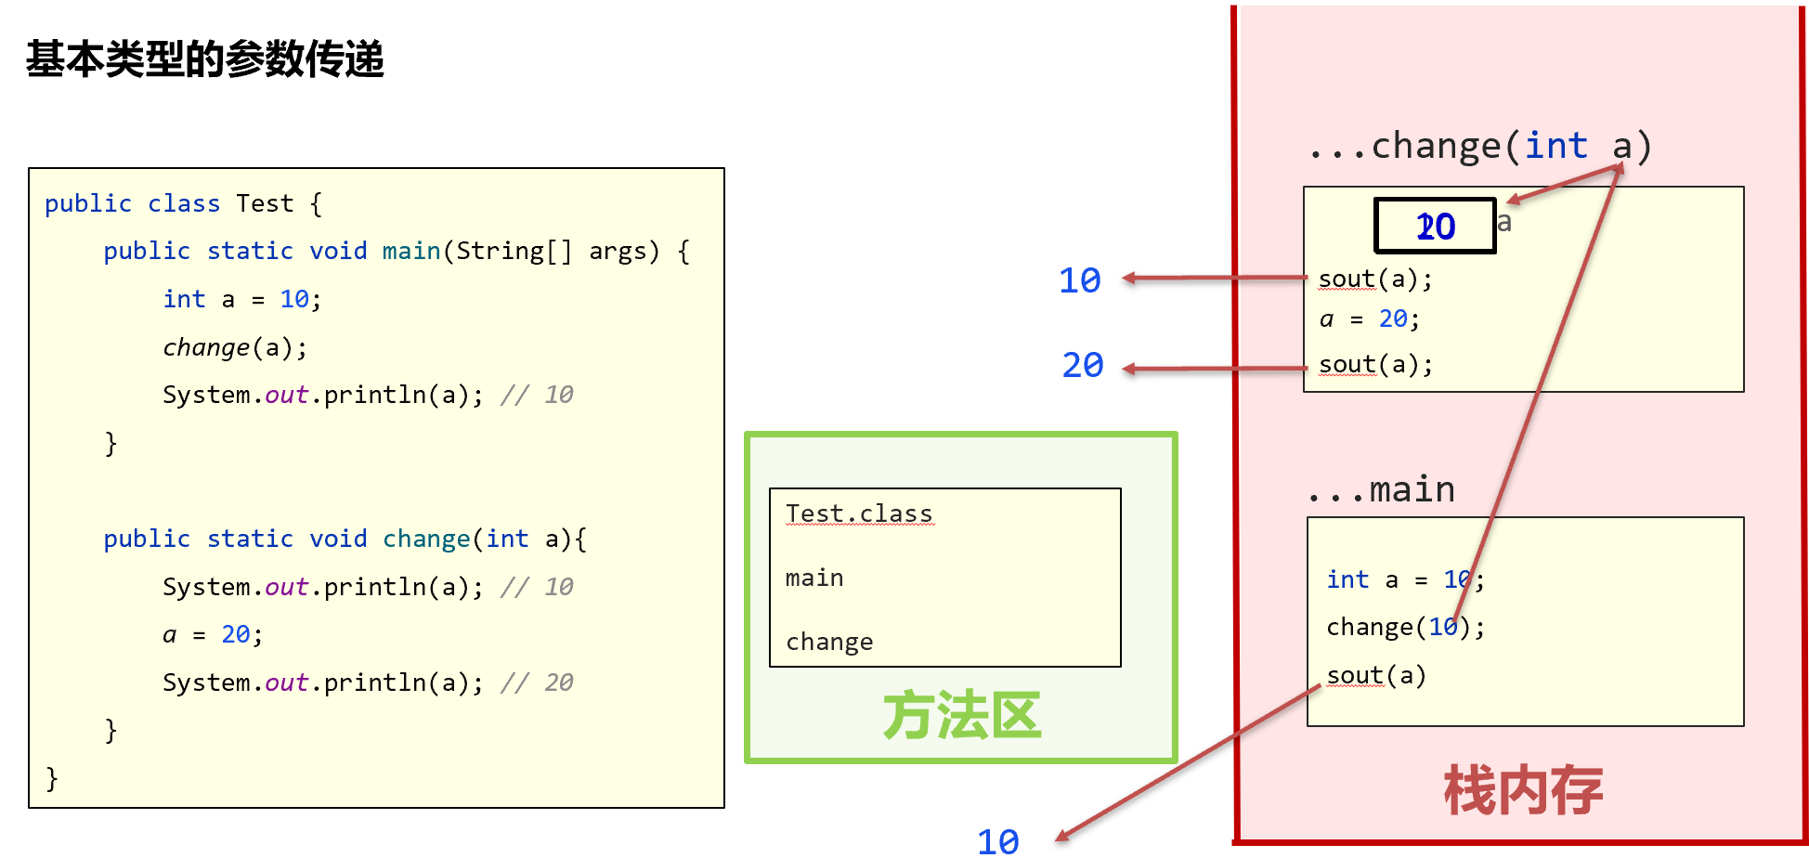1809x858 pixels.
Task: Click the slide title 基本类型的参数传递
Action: coord(204,59)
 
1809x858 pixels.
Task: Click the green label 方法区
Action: coord(961,715)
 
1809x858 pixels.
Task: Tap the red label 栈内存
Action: coord(1523,790)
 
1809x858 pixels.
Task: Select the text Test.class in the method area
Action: coord(859,513)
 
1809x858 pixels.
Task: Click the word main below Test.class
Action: coord(814,578)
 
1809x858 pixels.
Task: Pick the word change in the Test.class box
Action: coord(829,642)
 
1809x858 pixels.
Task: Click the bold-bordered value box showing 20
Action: coord(1435,226)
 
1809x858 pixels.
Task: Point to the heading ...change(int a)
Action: coord(1479,146)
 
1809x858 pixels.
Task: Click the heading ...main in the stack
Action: coord(1381,489)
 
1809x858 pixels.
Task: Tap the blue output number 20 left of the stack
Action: coord(1082,365)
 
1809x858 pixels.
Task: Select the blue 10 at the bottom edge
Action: coord(997,841)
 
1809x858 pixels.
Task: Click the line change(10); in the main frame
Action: coord(1405,628)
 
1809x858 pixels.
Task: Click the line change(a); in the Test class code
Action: coord(235,347)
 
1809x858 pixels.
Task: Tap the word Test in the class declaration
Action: coord(265,203)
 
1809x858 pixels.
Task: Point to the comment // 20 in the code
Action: coord(537,682)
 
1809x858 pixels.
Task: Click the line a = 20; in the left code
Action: coord(213,634)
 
